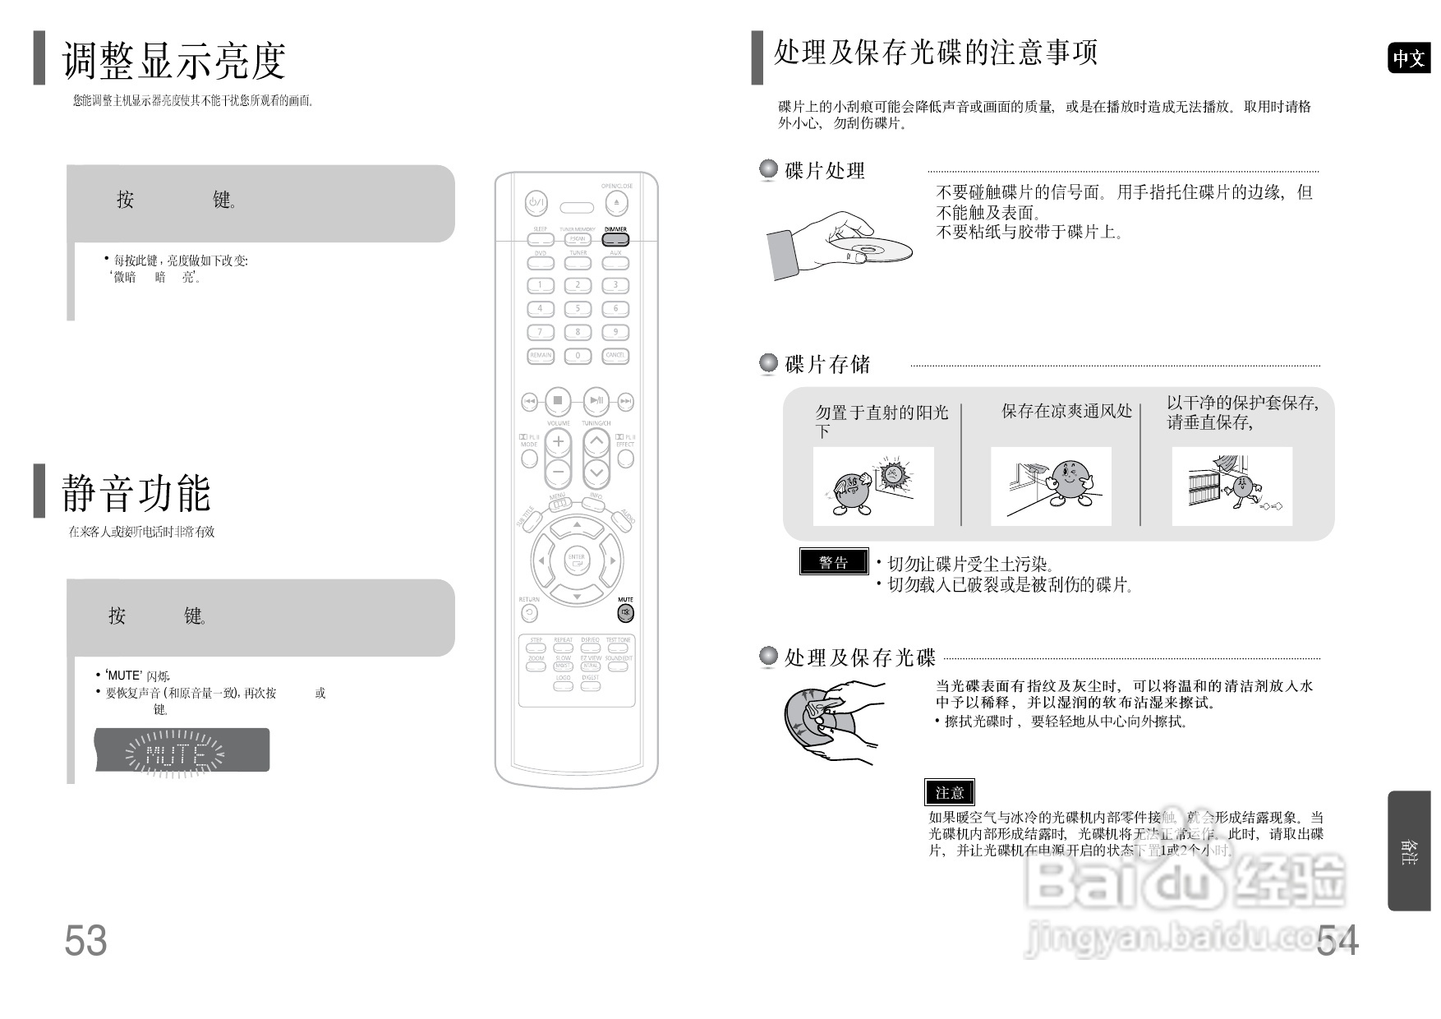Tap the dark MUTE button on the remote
[626, 613]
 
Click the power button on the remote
[536, 202]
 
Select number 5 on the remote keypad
[578, 309]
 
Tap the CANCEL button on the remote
[615, 356]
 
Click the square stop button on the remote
[557, 401]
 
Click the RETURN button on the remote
[530, 613]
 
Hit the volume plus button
[558, 442]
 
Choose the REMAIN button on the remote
[541, 356]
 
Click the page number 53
[85, 941]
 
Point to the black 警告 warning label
[834, 562]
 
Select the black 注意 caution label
[950, 792]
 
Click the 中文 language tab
[1409, 58]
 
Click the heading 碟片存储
[827, 365]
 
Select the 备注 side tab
[1409, 851]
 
